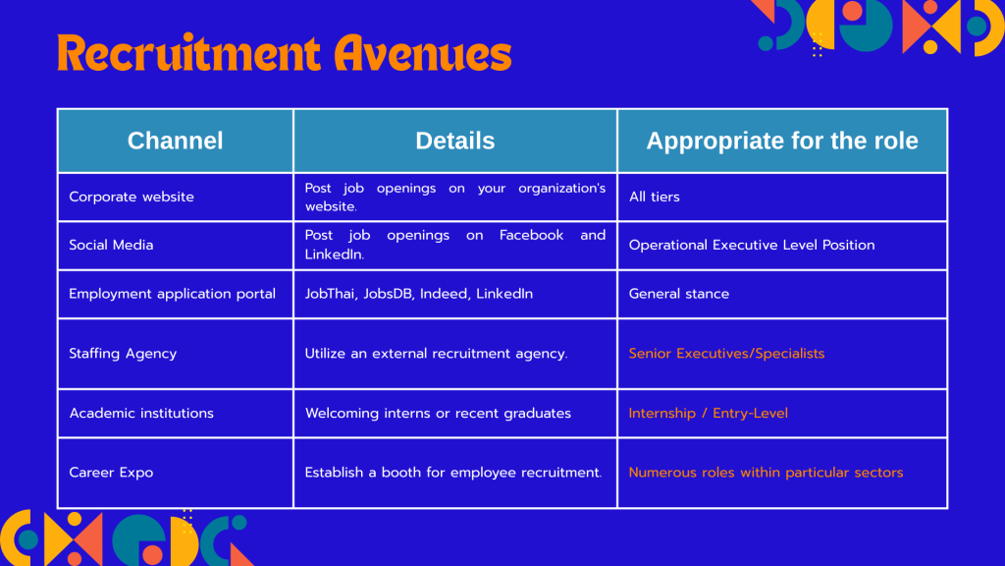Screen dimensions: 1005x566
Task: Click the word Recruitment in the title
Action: click(x=188, y=53)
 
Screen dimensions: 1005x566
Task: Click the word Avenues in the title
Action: click(x=422, y=53)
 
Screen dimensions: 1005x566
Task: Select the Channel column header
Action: click(x=175, y=141)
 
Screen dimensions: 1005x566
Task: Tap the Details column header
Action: click(x=455, y=141)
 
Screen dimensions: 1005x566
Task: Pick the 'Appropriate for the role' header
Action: click(x=782, y=141)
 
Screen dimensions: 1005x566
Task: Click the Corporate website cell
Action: click(x=132, y=197)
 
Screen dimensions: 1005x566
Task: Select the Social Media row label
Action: click(x=111, y=245)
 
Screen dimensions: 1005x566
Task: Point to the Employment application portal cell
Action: click(x=173, y=294)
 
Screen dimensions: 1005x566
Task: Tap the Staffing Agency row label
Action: click(x=123, y=354)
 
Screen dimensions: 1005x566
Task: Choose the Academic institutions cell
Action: click(x=141, y=414)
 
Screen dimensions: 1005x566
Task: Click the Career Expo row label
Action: click(x=111, y=473)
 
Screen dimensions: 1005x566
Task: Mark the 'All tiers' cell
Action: click(x=655, y=197)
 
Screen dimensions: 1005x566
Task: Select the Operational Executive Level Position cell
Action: click(x=752, y=245)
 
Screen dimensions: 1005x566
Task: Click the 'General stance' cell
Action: click(x=679, y=294)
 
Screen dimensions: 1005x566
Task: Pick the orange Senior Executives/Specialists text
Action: click(x=727, y=354)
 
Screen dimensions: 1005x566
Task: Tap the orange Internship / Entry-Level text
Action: click(x=709, y=414)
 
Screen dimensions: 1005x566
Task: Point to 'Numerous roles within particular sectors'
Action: click(x=766, y=473)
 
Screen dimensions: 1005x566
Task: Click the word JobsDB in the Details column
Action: click(x=388, y=294)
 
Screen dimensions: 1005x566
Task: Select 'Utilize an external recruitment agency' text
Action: click(x=436, y=354)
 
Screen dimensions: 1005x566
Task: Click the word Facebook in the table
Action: click(x=531, y=236)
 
